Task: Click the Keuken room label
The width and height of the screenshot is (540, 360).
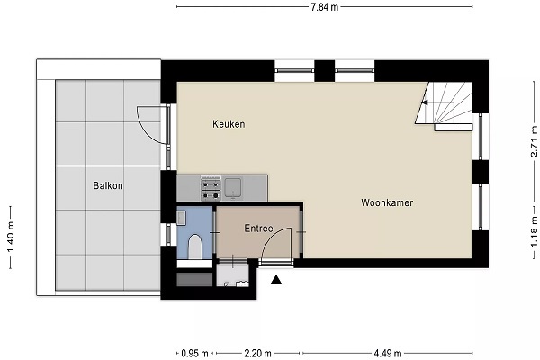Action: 229,124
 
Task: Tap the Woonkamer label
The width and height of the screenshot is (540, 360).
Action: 387,202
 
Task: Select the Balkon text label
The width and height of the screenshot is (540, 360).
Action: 108,185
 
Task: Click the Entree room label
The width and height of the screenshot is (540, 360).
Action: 258,228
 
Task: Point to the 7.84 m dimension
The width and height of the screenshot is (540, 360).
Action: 324,7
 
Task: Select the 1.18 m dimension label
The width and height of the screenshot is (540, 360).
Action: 534,232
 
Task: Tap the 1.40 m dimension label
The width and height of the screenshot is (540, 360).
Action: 11,238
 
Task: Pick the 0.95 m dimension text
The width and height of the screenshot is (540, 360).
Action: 195,354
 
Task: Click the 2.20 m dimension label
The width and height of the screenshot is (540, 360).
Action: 257,354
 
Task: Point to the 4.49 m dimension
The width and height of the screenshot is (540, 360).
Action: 388,354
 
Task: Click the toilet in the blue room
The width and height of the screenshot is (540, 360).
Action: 195,247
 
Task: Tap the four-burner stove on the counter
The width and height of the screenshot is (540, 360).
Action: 211,188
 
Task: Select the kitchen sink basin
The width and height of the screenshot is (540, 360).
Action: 233,188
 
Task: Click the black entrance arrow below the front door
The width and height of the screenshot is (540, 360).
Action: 276,280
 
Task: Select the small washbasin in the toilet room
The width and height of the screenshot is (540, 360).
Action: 182,218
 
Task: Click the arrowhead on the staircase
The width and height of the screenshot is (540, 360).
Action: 425,103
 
